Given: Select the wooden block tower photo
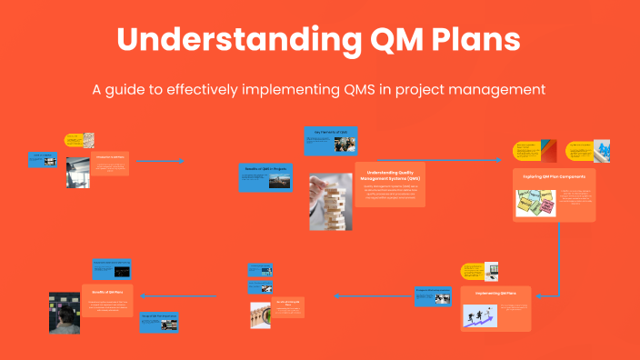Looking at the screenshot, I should click(x=330, y=201).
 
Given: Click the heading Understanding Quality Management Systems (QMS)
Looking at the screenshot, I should click(x=389, y=175).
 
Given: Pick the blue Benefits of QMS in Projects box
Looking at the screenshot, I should click(x=265, y=177).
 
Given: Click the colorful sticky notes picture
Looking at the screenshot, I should click(x=535, y=204).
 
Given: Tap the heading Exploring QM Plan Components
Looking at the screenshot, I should click(x=554, y=175).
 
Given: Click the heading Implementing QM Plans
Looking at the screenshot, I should click(x=495, y=294).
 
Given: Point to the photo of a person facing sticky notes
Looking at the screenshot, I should click(x=64, y=313).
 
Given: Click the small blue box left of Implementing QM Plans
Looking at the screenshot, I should click(x=433, y=295).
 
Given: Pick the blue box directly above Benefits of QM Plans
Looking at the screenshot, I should click(x=112, y=269).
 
